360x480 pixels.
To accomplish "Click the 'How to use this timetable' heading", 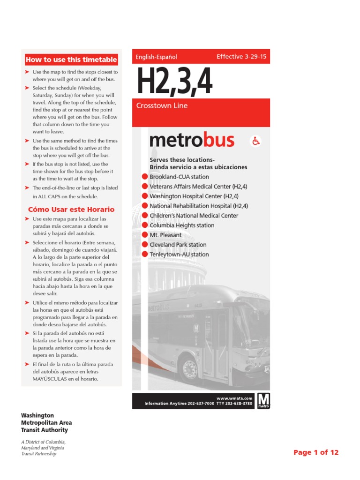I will [71, 60].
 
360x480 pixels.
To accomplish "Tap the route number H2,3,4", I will [174, 82].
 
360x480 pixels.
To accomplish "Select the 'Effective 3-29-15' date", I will [241, 57].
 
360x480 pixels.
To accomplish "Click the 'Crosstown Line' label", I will [162, 105].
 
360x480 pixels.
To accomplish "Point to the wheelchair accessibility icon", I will [256, 141].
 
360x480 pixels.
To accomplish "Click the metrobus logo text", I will [192, 140].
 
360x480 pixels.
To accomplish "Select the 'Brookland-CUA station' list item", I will [179, 177].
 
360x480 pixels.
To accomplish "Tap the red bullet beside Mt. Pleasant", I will [145, 235].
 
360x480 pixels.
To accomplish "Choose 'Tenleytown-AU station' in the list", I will [179, 255].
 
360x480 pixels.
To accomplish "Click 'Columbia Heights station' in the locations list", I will [182, 225].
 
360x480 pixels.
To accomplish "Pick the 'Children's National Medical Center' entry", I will [194, 216].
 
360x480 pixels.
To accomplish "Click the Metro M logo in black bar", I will [264, 401].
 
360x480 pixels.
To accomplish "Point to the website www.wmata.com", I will [232, 398].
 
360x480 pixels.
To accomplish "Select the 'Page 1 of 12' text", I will [315, 452].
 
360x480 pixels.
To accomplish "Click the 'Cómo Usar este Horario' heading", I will [71, 209].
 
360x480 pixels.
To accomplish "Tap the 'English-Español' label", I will [156, 57].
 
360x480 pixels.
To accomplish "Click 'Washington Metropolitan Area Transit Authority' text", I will [45, 422].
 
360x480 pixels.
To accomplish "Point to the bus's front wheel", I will [190, 366].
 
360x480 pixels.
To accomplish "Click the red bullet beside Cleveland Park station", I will [145, 245].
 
